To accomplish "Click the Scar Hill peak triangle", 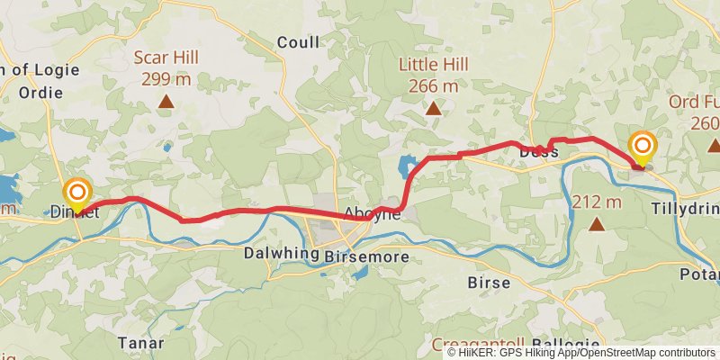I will (166, 102).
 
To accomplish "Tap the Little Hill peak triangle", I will (434, 109).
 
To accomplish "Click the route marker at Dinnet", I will (78, 193).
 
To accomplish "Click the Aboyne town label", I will (372, 214).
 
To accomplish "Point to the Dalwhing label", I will (282, 254).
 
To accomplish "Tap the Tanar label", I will (140, 343).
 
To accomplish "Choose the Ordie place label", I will (40, 92).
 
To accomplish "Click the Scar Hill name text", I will (166, 58).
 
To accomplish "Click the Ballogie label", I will (565, 345).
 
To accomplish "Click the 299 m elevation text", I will (166, 78).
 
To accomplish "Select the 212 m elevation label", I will (597, 201).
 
